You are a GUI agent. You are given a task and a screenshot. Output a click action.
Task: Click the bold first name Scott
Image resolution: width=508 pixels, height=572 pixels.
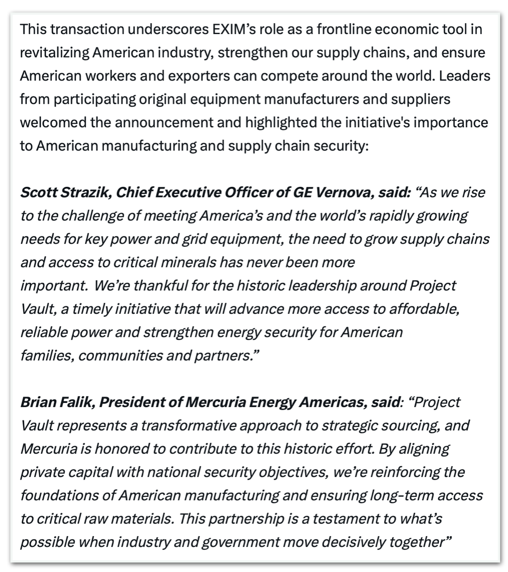[38, 192]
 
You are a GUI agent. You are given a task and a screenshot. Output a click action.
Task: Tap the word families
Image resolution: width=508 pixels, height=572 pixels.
[47, 356]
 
